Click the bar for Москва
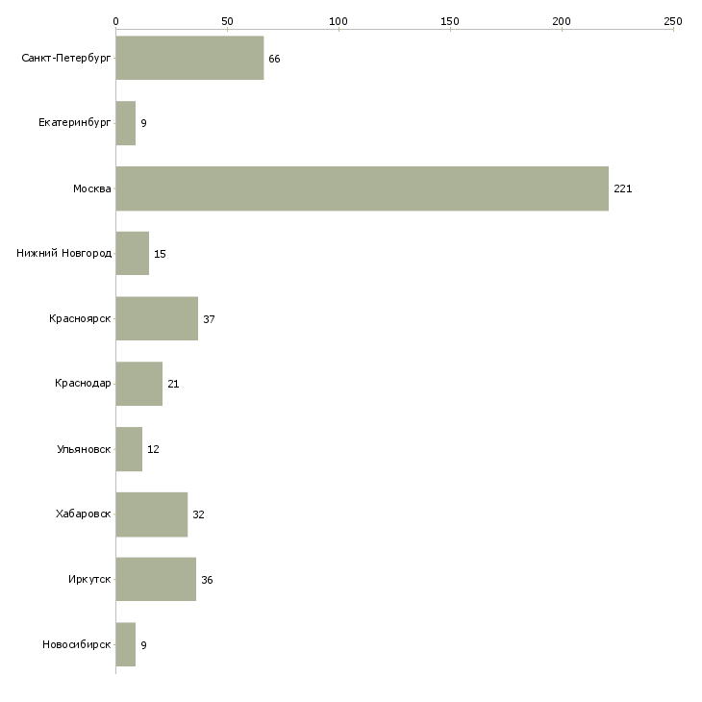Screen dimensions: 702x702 tap(362, 188)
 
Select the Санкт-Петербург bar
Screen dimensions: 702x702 tap(189, 59)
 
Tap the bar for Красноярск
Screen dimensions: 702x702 tap(157, 318)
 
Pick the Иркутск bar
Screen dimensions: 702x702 tap(156, 579)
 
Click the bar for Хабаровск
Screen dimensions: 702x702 tap(151, 514)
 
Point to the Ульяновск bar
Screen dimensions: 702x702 tap(129, 449)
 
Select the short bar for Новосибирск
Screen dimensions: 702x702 tap(125, 644)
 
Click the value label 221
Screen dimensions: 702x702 tap(622, 189)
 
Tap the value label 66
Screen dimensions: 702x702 tap(274, 60)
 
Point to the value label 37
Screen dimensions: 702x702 tap(209, 319)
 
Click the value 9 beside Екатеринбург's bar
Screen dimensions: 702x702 tap(143, 124)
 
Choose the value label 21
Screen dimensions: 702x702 tap(173, 384)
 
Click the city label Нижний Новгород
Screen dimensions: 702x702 tap(64, 254)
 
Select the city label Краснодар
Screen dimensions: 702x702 tap(84, 384)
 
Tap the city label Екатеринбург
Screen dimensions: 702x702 tap(75, 124)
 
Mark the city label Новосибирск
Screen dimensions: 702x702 tap(77, 644)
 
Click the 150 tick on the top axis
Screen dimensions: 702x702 tap(450, 20)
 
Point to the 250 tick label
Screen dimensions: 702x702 tap(673, 20)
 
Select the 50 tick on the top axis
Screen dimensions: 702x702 tap(227, 20)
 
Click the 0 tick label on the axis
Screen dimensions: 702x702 tap(115, 20)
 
